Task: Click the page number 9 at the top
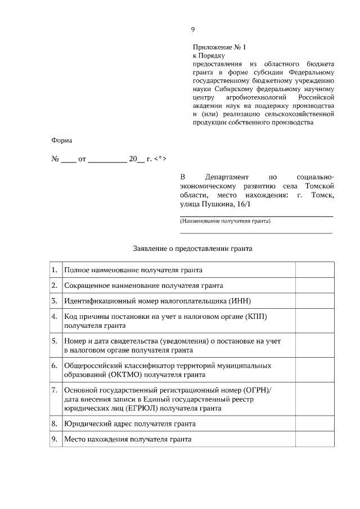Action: (193, 29)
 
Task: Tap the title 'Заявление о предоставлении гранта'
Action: (193, 247)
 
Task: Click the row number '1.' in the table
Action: (54, 271)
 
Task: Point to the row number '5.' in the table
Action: (54, 341)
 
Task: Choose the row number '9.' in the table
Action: (54, 439)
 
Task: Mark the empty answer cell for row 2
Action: (316, 286)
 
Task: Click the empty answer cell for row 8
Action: (316, 424)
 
